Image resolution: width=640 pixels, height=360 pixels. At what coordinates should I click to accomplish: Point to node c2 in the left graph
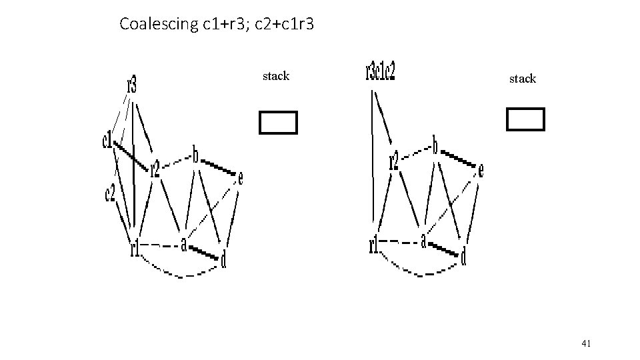click(x=110, y=193)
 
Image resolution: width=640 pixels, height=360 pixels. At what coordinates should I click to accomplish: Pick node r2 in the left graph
click(x=155, y=169)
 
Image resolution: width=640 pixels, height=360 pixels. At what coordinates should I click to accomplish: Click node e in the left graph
click(x=240, y=178)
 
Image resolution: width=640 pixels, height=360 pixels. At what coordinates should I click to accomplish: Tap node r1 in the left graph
click(x=135, y=249)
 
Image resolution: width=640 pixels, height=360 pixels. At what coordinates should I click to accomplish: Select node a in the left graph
click(x=183, y=245)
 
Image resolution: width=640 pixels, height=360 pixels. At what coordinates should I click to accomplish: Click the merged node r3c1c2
click(x=380, y=71)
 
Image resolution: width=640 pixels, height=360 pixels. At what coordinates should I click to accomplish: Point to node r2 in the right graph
click(x=394, y=161)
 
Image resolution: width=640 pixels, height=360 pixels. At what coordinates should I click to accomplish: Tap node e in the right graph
click(x=481, y=171)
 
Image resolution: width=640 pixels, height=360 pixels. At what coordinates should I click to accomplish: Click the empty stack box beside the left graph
click(x=277, y=123)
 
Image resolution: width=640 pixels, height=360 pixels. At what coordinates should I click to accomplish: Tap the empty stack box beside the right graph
click(x=525, y=119)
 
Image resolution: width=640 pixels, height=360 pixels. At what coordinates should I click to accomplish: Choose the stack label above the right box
click(x=522, y=79)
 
